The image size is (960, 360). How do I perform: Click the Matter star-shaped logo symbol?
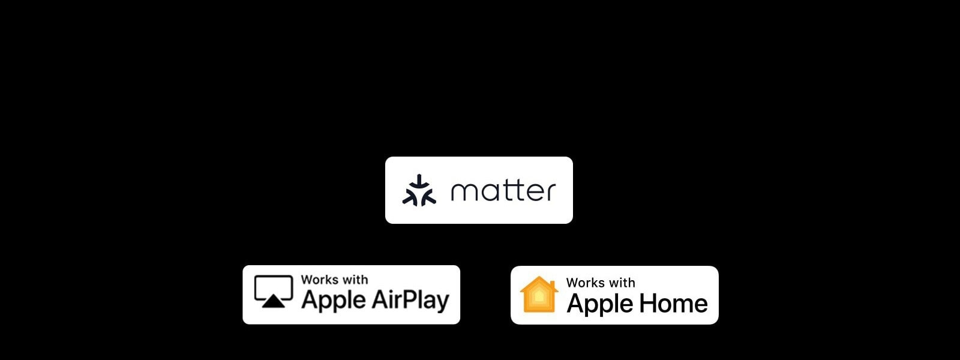pos(419,190)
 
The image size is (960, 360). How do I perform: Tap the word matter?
pos(503,191)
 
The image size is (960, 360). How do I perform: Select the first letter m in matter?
pos(463,192)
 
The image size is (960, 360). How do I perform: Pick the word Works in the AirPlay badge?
pos(319,280)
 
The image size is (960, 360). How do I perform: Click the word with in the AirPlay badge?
pos(355,280)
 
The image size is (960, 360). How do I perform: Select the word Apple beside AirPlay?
pos(334,300)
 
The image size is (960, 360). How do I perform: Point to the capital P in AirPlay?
pos(412,298)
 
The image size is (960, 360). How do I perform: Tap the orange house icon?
pos(539,295)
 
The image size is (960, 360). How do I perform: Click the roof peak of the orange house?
pos(539,278)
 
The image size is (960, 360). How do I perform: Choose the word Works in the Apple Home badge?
pos(584,283)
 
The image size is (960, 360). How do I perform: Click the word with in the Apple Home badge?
pos(622,283)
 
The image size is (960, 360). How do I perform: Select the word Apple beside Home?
pos(600,304)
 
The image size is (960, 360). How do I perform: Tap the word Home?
pos(673,303)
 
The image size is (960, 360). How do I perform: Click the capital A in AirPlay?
pos(380,298)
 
